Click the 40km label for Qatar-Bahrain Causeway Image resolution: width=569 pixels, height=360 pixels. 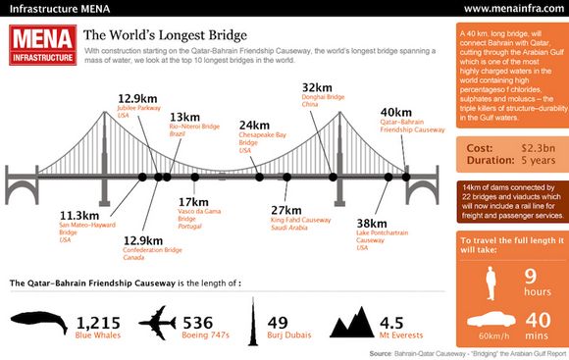pyautogui.click(x=395, y=113)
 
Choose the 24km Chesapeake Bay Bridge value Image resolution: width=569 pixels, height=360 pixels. pyautogui.click(x=254, y=126)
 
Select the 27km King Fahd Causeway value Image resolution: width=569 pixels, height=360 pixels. pyautogui.click(x=285, y=210)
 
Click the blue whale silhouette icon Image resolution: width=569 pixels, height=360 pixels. pyautogui.click(x=38, y=325)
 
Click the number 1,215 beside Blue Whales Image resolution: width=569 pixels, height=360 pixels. pyautogui.click(x=97, y=321)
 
